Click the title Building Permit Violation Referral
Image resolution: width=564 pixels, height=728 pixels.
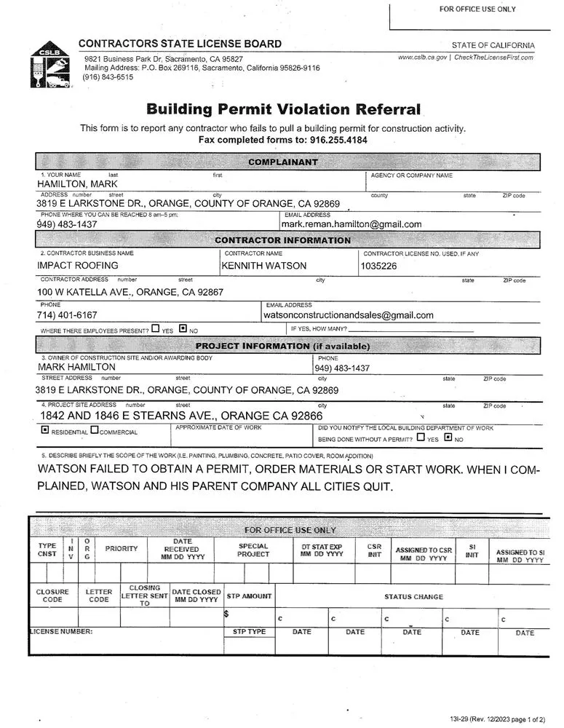(x=284, y=110)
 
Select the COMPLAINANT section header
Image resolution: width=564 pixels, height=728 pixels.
(x=283, y=162)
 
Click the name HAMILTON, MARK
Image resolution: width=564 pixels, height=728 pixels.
(x=71, y=184)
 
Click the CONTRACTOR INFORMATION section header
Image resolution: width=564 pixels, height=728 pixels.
(x=282, y=240)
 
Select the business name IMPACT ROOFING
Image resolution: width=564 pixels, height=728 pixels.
(x=77, y=266)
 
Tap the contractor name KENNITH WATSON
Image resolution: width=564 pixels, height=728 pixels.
(x=263, y=266)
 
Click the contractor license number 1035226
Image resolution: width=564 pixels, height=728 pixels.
(x=378, y=266)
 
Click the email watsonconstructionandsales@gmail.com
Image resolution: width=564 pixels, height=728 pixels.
(x=349, y=315)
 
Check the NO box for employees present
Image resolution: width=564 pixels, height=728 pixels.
(x=183, y=329)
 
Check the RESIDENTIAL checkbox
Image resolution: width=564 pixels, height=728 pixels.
(x=45, y=431)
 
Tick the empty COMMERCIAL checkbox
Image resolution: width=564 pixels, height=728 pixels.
(x=95, y=431)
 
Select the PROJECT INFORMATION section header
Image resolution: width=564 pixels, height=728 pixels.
(x=282, y=347)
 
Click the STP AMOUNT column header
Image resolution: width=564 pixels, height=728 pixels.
(x=249, y=596)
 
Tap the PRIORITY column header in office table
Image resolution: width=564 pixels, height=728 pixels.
(x=121, y=548)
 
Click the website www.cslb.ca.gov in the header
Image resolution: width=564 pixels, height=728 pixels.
(x=422, y=58)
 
